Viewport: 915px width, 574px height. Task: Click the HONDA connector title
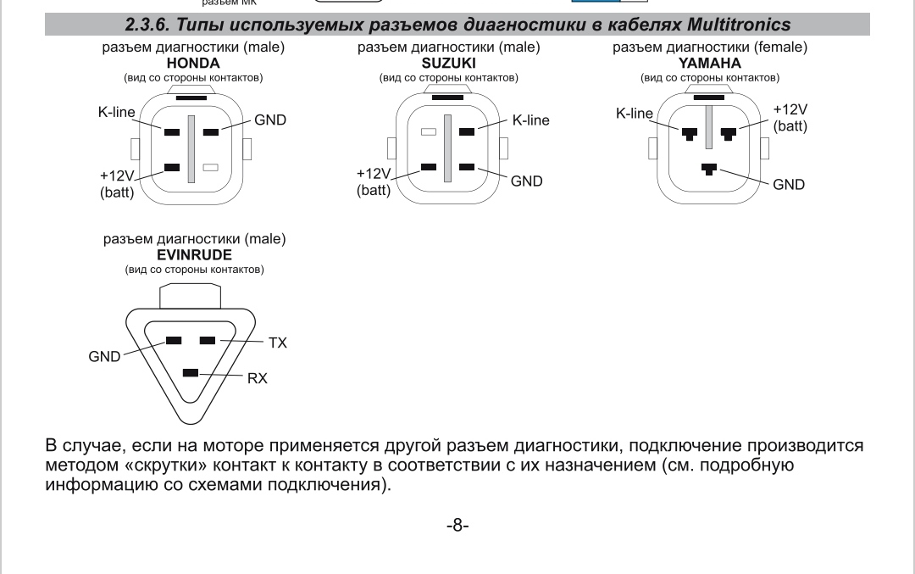point(193,64)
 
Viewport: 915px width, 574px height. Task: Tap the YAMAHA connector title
point(709,64)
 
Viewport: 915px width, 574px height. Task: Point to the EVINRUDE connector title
point(194,254)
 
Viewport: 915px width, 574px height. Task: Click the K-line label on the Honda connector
point(117,113)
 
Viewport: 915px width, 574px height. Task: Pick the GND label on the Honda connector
point(270,120)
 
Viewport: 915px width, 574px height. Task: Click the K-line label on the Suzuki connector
point(530,120)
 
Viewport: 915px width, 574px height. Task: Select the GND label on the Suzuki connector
point(526,181)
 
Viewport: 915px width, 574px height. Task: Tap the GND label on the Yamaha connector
point(789,184)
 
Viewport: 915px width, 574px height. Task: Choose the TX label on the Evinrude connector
point(277,343)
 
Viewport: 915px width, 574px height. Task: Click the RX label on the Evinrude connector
point(257,378)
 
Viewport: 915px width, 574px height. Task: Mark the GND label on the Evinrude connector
point(104,357)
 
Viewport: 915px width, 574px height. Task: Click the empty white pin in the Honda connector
point(211,168)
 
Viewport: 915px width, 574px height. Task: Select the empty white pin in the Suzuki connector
point(429,131)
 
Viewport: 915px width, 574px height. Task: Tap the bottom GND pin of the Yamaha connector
point(709,169)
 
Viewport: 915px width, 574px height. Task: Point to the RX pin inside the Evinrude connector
point(191,373)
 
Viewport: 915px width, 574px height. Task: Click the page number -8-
point(457,525)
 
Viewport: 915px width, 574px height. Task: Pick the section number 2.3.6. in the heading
point(150,24)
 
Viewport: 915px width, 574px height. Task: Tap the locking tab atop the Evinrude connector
point(191,296)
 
